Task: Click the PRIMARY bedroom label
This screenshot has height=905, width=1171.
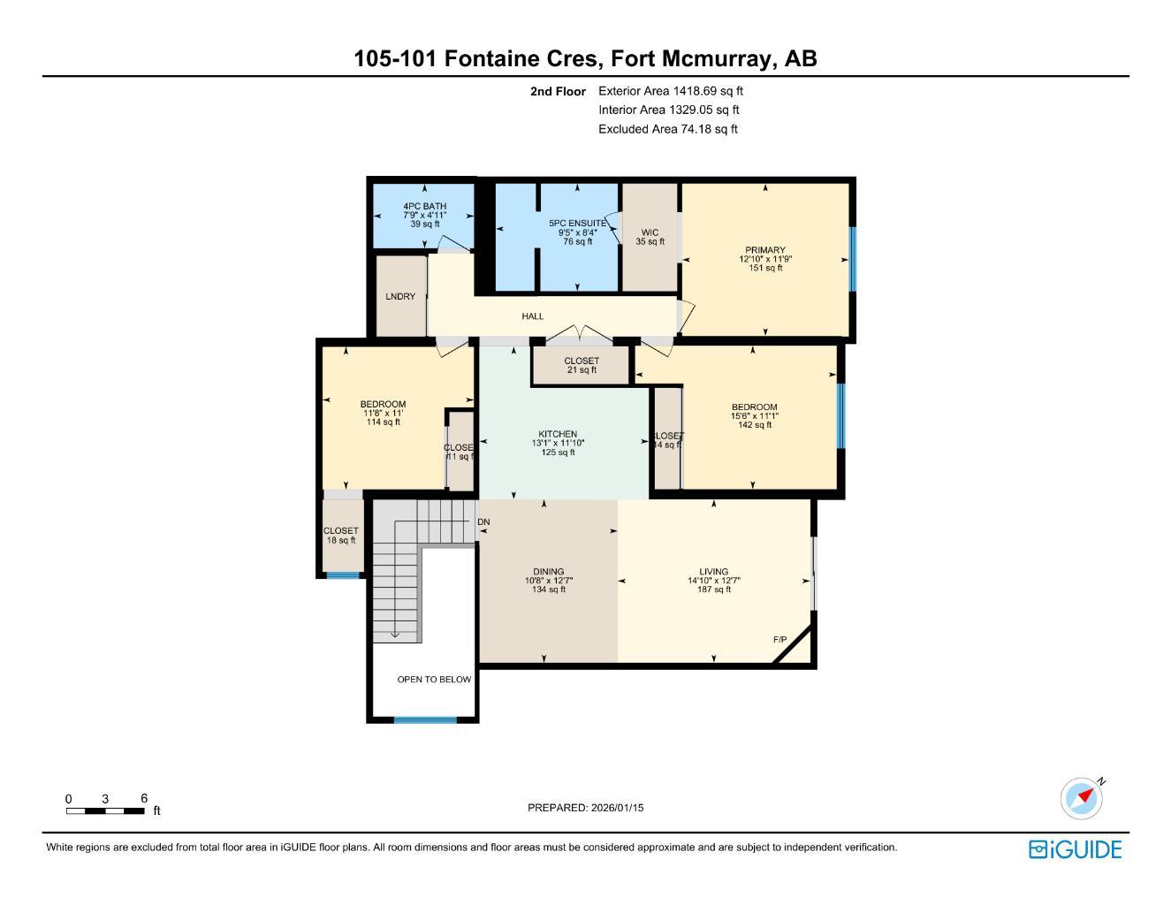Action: click(764, 250)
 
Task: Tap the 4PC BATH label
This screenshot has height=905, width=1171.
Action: click(425, 207)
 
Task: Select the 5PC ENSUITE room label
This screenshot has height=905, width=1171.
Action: click(578, 224)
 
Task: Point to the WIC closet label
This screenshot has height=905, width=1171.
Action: click(650, 233)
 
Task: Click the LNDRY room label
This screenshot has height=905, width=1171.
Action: click(400, 297)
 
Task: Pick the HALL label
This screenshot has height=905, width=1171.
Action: click(533, 316)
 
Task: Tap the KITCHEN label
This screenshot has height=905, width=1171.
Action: click(558, 435)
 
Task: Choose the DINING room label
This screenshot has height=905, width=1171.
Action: click(548, 572)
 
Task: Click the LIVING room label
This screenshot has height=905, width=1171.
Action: click(714, 572)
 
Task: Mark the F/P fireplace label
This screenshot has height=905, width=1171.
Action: click(780, 640)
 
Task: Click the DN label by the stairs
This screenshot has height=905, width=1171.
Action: click(483, 522)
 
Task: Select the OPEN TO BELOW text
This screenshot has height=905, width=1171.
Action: click(434, 680)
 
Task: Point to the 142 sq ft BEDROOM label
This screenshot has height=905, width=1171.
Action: click(754, 407)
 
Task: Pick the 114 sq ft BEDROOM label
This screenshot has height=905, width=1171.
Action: click(383, 405)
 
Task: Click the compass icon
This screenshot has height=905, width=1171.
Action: click(1083, 798)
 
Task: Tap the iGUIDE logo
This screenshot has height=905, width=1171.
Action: click(1075, 849)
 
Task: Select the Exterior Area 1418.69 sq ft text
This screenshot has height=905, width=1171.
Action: click(671, 91)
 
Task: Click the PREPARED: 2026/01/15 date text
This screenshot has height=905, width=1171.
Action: click(586, 808)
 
